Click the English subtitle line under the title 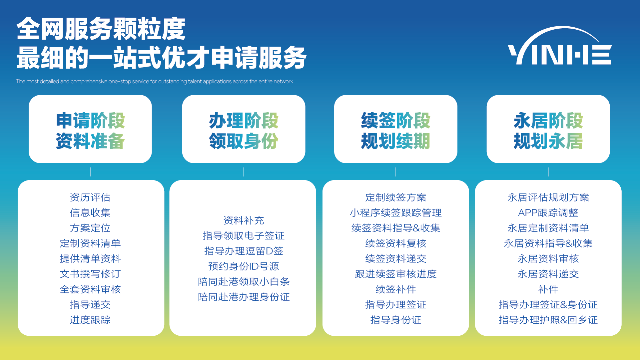coord(155,81)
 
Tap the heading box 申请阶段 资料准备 coord(90,129)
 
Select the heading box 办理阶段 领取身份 coord(244,129)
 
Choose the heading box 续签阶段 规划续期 coord(395,129)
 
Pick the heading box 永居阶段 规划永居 coord(548,129)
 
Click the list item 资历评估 coord(90,197)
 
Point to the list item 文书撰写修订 coord(90,274)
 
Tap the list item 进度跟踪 coord(90,320)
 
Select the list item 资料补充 coord(244,220)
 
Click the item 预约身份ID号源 coord(244,266)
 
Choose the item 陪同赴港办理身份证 coord(244,297)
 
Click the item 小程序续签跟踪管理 coord(395,213)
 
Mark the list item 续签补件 coord(395,289)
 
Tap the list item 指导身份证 coord(395,320)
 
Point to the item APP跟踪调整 coord(548,213)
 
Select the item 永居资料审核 coord(548,259)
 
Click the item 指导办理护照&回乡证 coord(548,320)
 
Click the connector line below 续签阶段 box coord(396,172)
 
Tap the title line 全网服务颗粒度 coord(101,29)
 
